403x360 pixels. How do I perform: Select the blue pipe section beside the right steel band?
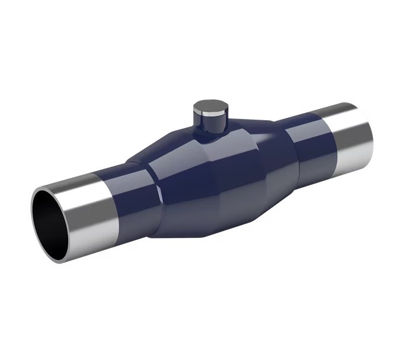point(308,145)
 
